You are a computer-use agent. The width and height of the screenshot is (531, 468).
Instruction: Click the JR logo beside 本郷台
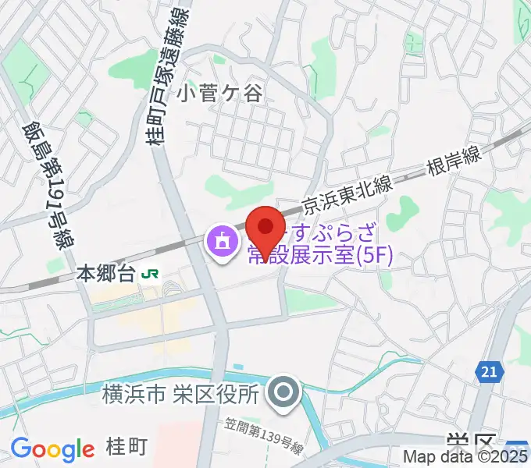click(x=152, y=274)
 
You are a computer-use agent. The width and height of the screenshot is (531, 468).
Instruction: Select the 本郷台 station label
click(x=106, y=274)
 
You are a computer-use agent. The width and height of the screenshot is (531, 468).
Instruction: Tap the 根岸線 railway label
click(x=454, y=161)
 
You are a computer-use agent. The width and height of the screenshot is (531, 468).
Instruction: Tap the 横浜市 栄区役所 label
click(x=180, y=395)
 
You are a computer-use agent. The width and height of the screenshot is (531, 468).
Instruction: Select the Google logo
click(x=52, y=450)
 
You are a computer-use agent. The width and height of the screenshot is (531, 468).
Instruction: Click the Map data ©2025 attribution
click(x=466, y=457)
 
